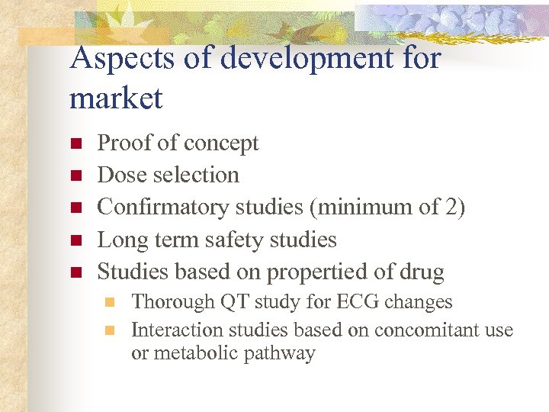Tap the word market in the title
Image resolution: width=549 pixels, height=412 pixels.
(x=116, y=98)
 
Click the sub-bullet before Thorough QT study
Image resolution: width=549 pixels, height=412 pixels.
(x=109, y=302)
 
